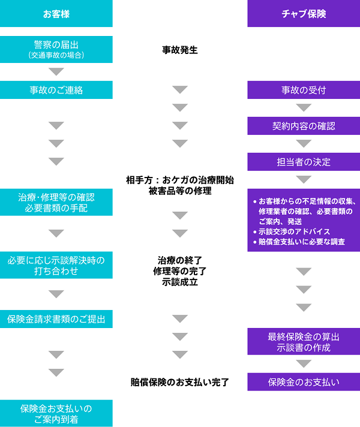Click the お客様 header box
[x=56, y=13]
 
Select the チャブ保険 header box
[x=304, y=13]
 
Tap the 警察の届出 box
[x=56, y=49]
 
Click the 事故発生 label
[x=180, y=50]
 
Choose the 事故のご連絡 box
[x=56, y=90]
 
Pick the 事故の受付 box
[x=304, y=90]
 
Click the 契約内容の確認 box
[x=304, y=126]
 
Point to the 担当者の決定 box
[x=304, y=162]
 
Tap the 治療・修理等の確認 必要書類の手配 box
[x=56, y=203]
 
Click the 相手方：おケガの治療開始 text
[x=180, y=180]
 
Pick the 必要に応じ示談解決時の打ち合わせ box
[x=56, y=265]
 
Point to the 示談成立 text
[x=180, y=282]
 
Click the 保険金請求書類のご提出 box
[x=56, y=318]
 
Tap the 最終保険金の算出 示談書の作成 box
[x=304, y=342]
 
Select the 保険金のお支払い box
[x=304, y=381]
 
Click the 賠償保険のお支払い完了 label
[x=180, y=381]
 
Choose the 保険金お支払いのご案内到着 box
[x=56, y=414]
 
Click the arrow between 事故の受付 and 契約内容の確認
[x=304, y=108]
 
